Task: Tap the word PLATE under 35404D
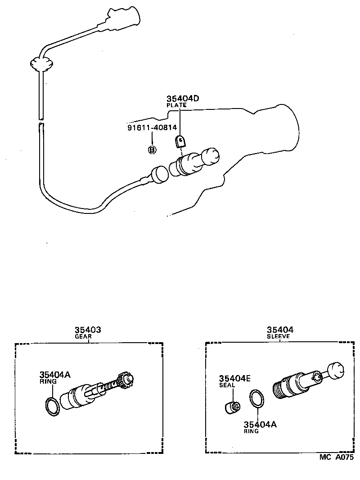[176, 105]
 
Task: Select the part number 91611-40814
[152, 127]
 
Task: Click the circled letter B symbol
[152, 149]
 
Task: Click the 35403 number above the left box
[88, 330]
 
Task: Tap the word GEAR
[83, 336]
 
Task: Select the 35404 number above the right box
[279, 330]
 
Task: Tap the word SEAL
[227, 385]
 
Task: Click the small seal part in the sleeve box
[232, 407]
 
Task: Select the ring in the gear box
[52, 406]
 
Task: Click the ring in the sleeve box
[257, 399]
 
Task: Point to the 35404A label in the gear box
[55, 374]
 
